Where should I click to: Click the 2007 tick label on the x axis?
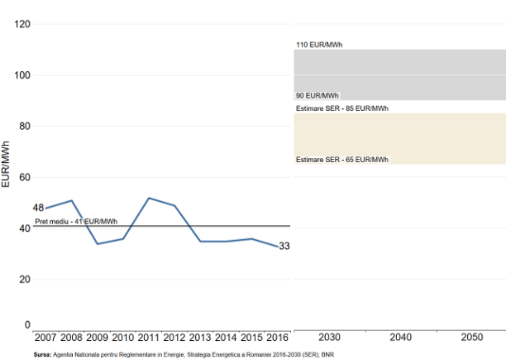45,338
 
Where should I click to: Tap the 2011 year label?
149,338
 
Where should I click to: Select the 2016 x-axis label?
278,338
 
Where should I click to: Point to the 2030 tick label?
329,338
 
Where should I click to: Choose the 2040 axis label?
400,338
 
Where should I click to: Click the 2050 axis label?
471,338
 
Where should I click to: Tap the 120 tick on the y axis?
22,24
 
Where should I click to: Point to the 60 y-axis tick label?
25,177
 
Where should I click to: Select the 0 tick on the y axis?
27,325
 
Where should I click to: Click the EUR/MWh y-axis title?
7,164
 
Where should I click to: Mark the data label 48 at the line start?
38,208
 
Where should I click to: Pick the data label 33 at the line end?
284,246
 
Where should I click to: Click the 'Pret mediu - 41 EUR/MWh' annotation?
76,221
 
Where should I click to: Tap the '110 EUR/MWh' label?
319,45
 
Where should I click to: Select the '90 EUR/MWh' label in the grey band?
317,96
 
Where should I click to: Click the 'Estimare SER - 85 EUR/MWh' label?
341,108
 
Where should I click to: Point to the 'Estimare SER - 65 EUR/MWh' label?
341,159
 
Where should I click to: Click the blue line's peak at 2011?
149,198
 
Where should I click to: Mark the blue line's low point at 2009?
98,244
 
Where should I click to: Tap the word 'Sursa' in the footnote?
42,354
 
